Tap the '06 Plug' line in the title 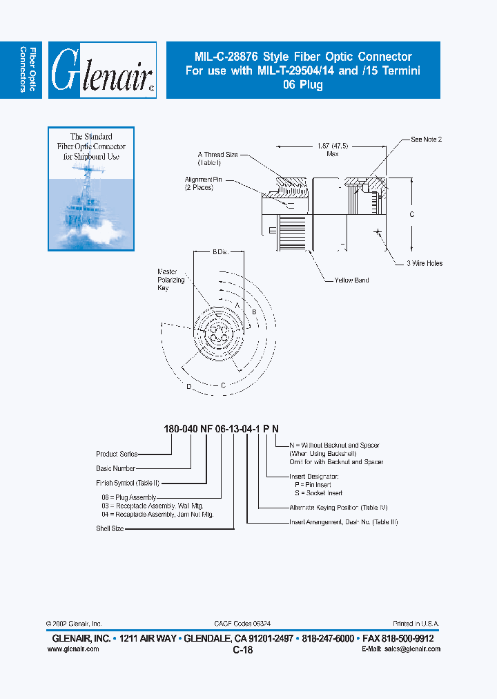pyautogui.click(x=302, y=86)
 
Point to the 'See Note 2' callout pyautogui.click(x=426, y=140)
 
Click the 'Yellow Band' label pyautogui.click(x=352, y=280)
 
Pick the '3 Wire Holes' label pyautogui.click(x=425, y=263)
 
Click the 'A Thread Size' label pyautogui.click(x=217, y=158)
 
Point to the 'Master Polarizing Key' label pyautogui.click(x=171, y=280)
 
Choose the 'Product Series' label pyautogui.click(x=117, y=454)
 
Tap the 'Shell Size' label pyautogui.click(x=109, y=529)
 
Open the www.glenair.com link pyautogui.click(x=76, y=649)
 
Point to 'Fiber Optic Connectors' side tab pyautogui.click(x=27, y=70)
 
